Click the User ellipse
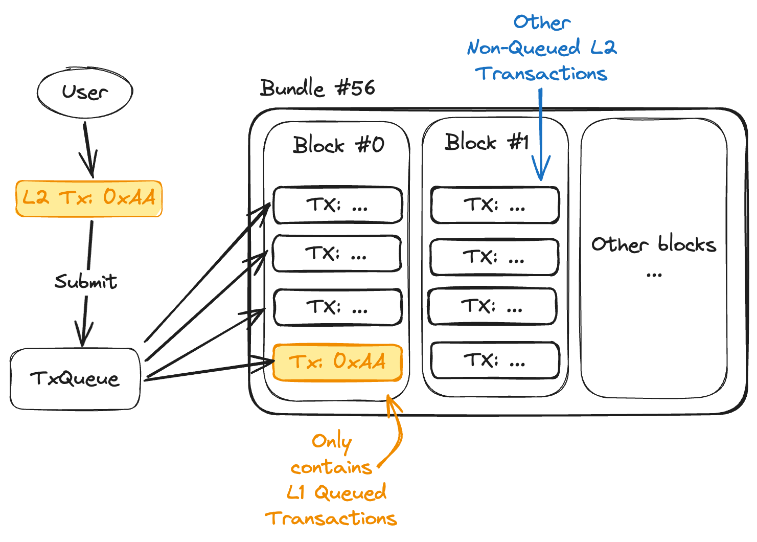(85, 93)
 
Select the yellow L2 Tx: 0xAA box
(89, 198)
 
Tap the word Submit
(86, 282)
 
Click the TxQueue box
(75, 379)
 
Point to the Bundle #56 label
(317, 88)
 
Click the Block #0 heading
(338, 145)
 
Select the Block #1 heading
(486, 142)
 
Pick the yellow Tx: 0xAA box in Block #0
(337, 362)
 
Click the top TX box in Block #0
(337, 206)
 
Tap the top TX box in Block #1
(494, 206)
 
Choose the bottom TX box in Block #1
(494, 361)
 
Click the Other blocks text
(653, 245)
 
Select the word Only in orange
(332, 441)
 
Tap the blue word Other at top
(542, 22)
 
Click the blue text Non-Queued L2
(542, 48)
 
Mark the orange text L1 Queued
(336, 493)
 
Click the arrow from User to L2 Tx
(89, 148)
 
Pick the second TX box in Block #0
(337, 254)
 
